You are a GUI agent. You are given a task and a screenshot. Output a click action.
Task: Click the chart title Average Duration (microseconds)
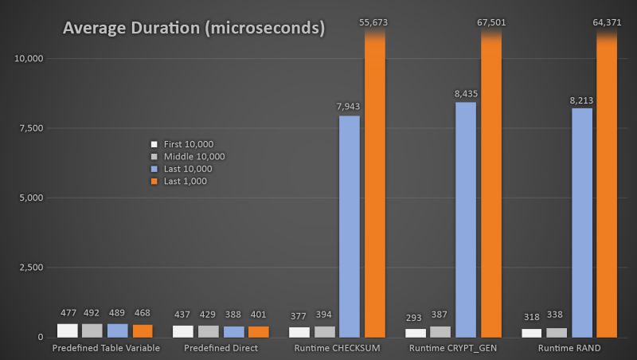193,29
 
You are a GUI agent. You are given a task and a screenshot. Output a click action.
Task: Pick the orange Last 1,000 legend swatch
154,182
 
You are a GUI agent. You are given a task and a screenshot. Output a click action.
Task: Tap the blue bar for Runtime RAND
582,222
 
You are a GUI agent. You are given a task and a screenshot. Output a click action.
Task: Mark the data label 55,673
375,23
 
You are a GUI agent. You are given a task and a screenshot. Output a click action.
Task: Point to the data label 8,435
466,93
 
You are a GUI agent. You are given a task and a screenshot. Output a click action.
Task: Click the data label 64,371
607,23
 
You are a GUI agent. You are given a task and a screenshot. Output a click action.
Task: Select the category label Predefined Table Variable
106,349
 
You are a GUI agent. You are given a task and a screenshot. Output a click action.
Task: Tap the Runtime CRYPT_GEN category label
454,349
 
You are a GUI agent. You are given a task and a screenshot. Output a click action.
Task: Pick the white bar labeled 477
68,331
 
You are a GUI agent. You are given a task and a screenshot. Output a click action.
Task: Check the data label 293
416,315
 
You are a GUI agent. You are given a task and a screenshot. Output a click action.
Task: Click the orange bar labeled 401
258,331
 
